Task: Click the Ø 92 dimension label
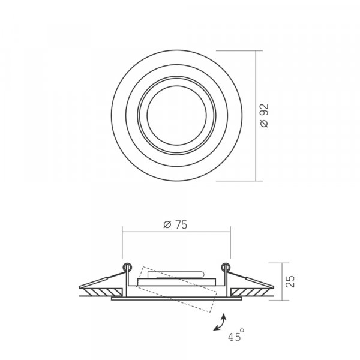pyautogui.click(x=265, y=115)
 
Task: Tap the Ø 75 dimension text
pyautogui.click(x=175, y=224)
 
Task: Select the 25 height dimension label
pyautogui.click(x=290, y=281)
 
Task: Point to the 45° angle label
pyautogui.click(x=236, y=335)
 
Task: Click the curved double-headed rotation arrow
pyautogui.click(x=220, y=323)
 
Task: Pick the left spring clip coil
pyautogui.click(x=127, y=267)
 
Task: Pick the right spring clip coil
pyautogui.click(x=226, y=267)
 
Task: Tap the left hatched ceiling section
pyautogui.click(x=103, y=292)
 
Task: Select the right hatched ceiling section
pyautogui.click(x=250, y=292)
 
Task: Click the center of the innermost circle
pyautogui.click(x=176, y=115)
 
